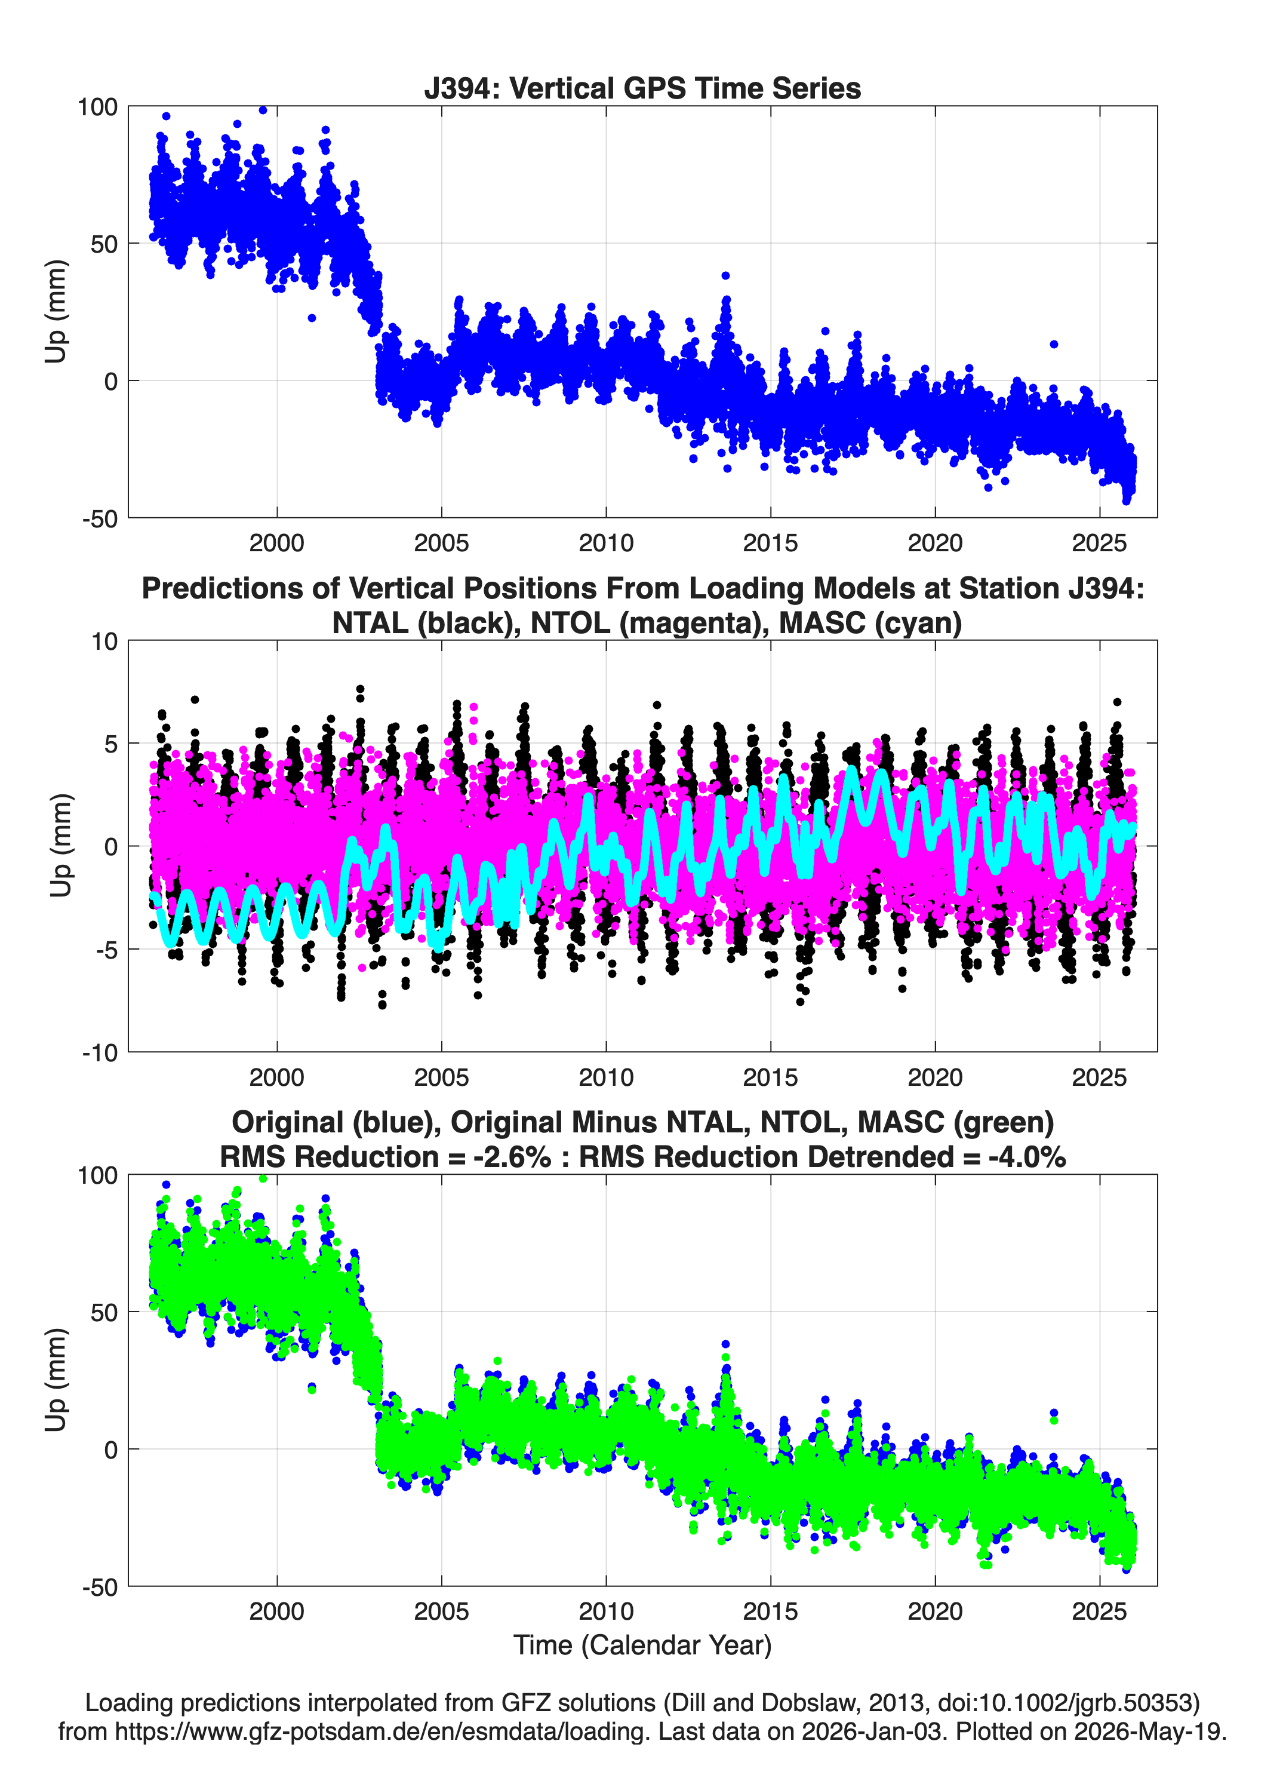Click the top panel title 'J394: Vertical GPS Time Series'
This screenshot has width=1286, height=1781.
pos(642,88)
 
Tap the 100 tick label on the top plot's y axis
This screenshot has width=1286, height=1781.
pos(97,107)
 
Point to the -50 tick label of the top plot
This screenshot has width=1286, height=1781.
pos(100,519)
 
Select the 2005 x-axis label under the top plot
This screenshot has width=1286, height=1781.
pos(441,543)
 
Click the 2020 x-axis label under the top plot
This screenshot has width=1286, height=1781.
pos(935,543)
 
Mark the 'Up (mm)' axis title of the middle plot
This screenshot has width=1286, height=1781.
pos(60,846)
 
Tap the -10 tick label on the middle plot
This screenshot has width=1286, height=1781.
pos(100,1053)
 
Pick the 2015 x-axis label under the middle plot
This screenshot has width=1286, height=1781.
pos(770,1077)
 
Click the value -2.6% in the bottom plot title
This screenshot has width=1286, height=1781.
pos(512,1157)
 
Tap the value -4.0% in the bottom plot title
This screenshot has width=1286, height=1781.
pos(1027,1157)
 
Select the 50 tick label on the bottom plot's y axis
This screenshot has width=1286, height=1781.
pos(104,1312)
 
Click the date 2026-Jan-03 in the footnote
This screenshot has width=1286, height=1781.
pos(872,1731)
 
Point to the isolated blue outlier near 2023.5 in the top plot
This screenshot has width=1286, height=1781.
pos(1054,344)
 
